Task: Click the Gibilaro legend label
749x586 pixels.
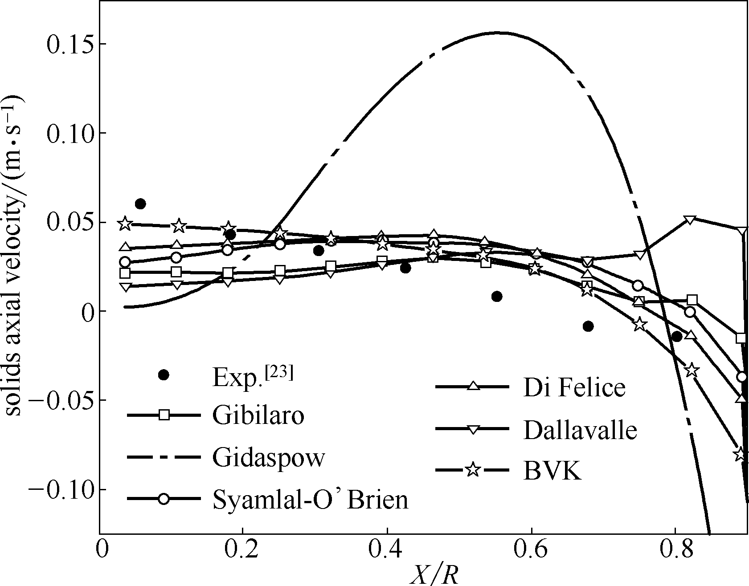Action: [x=258, y=415]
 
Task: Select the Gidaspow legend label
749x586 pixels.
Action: [x=269, y=457]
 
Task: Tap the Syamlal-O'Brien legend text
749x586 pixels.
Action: [x=310, y=499]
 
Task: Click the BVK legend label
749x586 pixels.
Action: [x=553, y=471]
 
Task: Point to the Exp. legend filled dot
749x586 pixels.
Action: [x=164, y=375]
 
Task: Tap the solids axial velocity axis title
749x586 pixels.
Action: [x=14, y=256]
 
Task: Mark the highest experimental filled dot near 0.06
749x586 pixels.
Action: [x=140, y=204]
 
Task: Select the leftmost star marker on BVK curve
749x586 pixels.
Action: [x=125, y=224]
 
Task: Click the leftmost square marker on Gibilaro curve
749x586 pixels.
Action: [x=125, y=273]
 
